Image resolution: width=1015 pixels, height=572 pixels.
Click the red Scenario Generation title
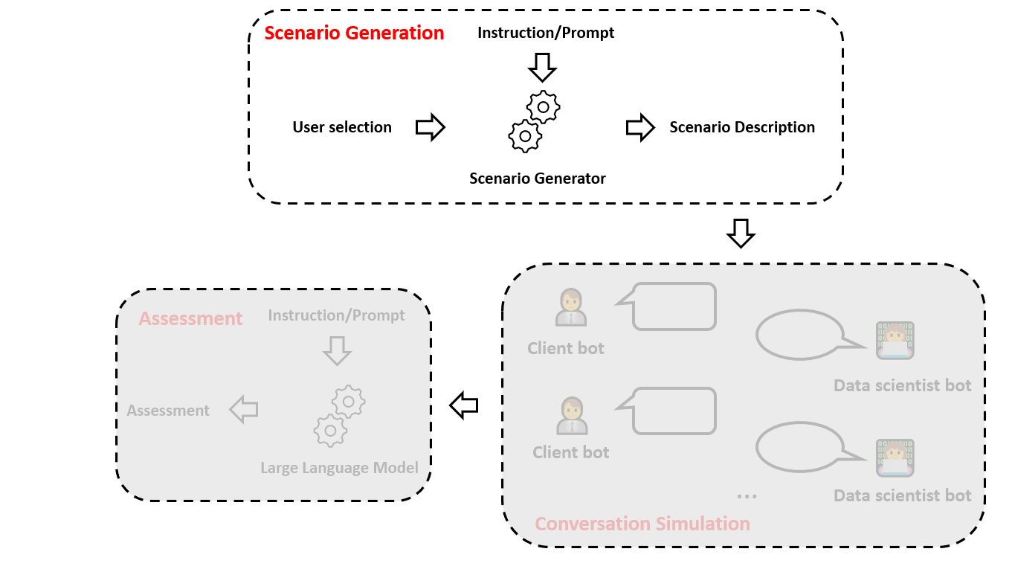[x=354, y=33]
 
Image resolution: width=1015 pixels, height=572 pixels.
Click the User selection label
[x=342, y=127]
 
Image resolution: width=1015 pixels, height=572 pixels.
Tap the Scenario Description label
[x=742, y=127]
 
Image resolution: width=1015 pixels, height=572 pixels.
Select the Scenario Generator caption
[x=538, y=178]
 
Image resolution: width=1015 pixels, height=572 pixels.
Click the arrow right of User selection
[x=431, y=127]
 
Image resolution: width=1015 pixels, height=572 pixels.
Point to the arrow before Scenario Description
[x=640, y=127]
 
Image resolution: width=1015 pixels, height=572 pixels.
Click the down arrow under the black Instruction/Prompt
[x=542, y=68]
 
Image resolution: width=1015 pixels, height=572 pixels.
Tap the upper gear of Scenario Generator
[x=544, y=107]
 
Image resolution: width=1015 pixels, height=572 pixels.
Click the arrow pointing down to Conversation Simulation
[x=741, y=234]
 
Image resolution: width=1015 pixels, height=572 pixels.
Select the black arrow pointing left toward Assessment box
[x=463, y=405]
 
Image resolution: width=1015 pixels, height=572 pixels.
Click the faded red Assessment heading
[x=190, y=318]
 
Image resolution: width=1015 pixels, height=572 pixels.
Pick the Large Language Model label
[x=339, y=468]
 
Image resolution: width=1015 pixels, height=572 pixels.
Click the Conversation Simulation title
[x=642, y=524]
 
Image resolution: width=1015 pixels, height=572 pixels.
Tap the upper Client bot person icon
[x=571, y=307]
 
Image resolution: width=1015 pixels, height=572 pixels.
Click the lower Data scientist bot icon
[x=895, y=457]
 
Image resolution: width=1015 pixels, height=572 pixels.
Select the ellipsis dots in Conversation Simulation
[x=747, y=497]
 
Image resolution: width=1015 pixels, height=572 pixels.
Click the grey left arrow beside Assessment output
[x=244, y=409]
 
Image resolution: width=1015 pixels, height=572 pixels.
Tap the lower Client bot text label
[x=570, y=452]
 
